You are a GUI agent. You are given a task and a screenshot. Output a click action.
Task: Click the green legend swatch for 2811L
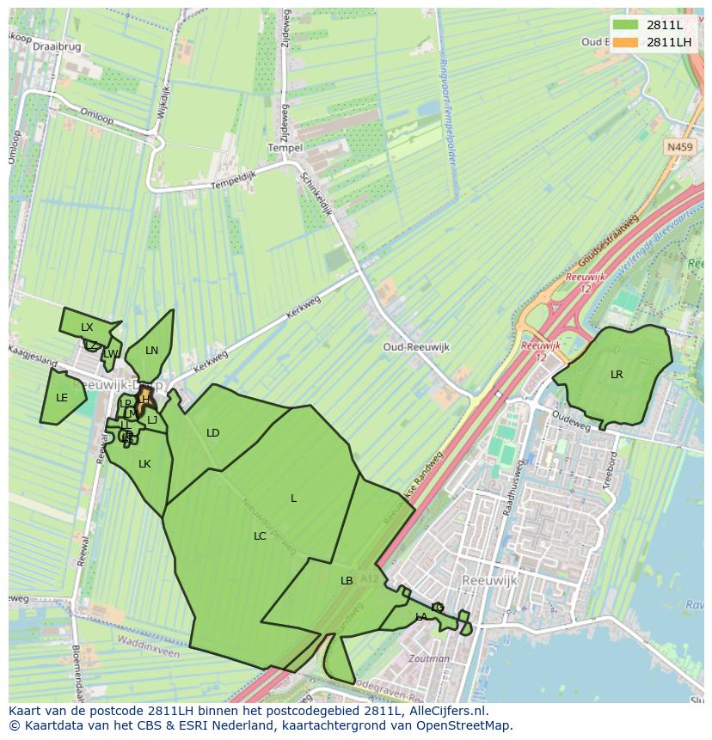[627, 25]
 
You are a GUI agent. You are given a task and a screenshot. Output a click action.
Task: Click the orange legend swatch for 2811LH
[627, 42]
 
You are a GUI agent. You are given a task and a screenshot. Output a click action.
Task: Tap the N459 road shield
[679, 148]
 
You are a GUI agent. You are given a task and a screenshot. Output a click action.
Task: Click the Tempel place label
[285, 148]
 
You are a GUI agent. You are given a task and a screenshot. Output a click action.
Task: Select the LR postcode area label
[617, 375]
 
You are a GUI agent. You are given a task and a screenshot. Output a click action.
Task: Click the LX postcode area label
[87, 327]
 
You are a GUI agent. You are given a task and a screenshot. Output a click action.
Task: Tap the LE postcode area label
[62, 398]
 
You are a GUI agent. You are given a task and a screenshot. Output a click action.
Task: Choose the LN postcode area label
[152, 351]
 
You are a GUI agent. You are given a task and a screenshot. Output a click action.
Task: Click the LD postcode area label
[213, 433]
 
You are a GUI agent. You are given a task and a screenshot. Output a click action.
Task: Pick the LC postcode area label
[260, 536]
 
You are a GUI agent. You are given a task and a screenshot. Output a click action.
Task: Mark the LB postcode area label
[347, 581]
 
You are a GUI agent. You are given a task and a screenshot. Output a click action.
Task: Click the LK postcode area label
[144, 464]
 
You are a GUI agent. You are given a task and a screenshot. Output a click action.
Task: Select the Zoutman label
[430, 659]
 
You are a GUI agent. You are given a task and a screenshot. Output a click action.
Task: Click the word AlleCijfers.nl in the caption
[445, 712]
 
